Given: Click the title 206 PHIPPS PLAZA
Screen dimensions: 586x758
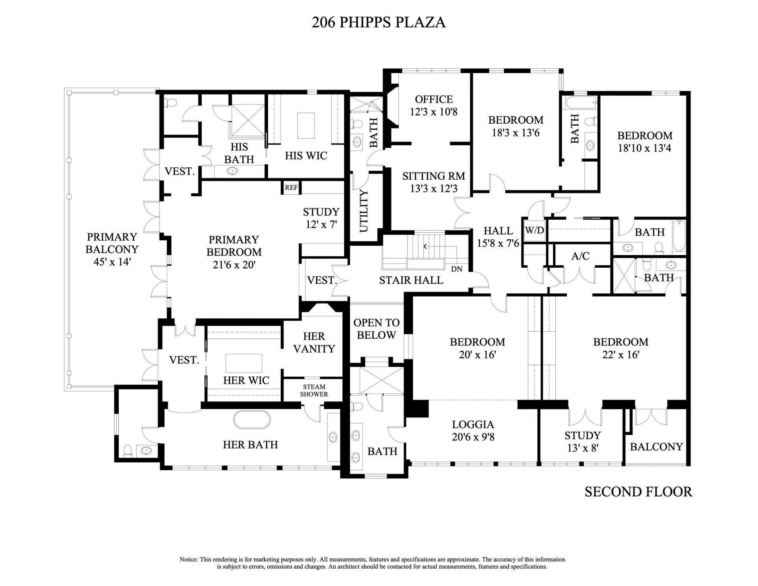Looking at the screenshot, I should (x=379, y=22).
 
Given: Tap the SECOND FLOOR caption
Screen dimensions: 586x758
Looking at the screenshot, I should (x=638, y=492).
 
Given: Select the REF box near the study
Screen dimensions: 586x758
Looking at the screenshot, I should (x=291, y=188).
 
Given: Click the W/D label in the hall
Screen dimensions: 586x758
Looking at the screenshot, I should (x=535, y=231).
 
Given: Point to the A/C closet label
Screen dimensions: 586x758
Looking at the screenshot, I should (x=580, y=256).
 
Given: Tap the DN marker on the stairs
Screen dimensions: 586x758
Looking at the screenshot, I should (x=456, y=269).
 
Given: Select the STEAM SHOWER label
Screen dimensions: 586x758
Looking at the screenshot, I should (x=314, y=391).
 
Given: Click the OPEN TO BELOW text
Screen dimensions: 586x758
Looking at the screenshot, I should (x=376, y=329).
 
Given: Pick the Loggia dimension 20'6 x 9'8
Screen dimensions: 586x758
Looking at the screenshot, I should (x=473, y=437).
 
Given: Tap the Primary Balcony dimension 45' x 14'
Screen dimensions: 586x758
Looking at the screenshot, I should (x=112, y=262).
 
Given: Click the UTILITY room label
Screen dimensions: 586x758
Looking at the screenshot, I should (x=364, y=211).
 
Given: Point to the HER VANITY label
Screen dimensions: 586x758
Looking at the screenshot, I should (x=314, y=342).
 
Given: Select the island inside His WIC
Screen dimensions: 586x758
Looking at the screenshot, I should (x=306, y=126).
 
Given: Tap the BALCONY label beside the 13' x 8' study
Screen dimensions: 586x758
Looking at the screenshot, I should (x=656, y=447).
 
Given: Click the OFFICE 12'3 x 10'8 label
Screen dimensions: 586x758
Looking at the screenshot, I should (x=433, y=105).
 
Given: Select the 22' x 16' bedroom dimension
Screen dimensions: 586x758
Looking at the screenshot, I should (x=621, y=355).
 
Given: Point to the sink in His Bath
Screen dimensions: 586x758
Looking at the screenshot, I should (x=231, y=171).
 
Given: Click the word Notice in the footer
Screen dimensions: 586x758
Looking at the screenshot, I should (x=189, y=560).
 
